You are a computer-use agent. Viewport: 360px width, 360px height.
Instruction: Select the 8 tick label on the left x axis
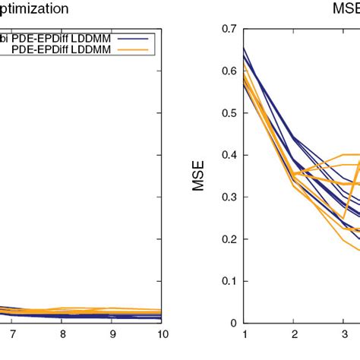coord(62,333)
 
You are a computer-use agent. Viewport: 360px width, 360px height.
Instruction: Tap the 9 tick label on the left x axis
coord(112,333)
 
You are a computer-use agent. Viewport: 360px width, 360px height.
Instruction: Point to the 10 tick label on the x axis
coord(161,333)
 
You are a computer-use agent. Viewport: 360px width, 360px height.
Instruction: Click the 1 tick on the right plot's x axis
coord(245,333)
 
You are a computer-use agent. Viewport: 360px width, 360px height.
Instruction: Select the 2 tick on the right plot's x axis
coord(294,333)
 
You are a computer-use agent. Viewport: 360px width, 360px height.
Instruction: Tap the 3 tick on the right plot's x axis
coord(343,333)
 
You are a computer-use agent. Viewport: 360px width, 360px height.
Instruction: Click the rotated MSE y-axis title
coord(198,175)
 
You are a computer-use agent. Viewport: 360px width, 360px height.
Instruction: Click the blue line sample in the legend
coord(137,37)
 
